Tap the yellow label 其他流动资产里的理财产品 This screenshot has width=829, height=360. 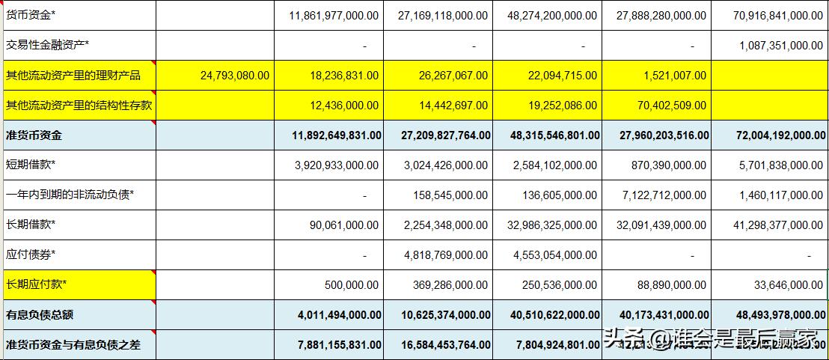click(73, 75)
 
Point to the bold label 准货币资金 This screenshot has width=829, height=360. click(34, 135)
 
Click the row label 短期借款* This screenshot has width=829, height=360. click(31, 165)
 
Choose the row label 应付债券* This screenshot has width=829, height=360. click(31, 254)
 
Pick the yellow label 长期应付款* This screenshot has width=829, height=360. click(36, 284)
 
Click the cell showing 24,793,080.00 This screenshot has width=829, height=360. click(235, 76)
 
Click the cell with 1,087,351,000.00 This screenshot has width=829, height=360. click(780, 46)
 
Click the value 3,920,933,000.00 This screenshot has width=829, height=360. click(336, 165)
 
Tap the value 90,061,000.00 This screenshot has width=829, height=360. click(344, 225)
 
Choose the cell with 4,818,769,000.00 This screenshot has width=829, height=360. click(445, 255)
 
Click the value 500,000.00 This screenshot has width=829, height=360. click(352, 285)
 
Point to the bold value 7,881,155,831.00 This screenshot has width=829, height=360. click(329, 345)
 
